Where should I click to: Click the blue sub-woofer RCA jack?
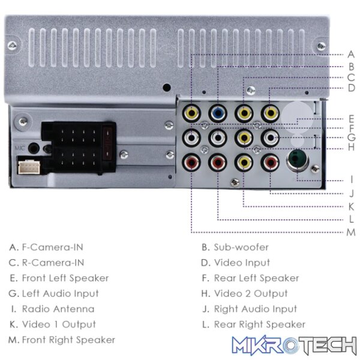218,113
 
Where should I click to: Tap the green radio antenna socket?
298,159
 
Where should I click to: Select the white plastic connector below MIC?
29,167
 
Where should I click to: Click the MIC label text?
19,148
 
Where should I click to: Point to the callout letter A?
351,55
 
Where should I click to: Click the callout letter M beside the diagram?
351,232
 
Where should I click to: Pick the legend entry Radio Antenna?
58,309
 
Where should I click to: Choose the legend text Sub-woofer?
241,247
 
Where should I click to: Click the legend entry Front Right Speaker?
68,340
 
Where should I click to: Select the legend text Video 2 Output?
250,293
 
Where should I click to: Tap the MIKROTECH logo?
294,346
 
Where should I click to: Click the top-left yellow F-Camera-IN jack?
191,113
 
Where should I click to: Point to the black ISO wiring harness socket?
79,147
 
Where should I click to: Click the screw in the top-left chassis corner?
12,45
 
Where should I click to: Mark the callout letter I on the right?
351,179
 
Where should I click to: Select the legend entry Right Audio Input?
256,309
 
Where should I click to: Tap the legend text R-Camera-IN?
53,263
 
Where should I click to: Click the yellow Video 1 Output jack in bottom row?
244,163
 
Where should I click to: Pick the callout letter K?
351,206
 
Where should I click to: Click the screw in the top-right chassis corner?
321,46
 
